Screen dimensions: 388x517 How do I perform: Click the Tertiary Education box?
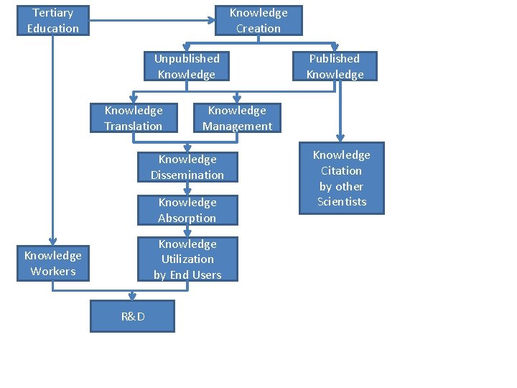coord(53,20)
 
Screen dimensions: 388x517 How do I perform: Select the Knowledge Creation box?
coord(258,20)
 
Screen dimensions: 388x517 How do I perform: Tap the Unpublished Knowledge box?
coord(187,66)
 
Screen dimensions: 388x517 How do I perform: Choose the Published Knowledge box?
coord(335,66)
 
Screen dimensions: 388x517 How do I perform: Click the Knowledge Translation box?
coord(134,118)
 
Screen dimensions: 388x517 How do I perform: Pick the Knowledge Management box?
coord(237,118)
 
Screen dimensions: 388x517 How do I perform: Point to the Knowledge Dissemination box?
coord(187,167)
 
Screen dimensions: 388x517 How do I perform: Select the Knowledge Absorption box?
coord(187,210)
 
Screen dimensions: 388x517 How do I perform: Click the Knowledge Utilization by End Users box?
coord(187,259)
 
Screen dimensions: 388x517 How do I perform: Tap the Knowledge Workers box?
coord(53,263)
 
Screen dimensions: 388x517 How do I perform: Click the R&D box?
coord(132,316)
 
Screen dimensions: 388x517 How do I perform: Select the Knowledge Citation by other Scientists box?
coord(342,178)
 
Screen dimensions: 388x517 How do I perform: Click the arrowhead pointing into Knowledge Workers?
coord(53,241)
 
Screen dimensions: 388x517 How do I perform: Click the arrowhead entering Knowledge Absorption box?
coord(187,191)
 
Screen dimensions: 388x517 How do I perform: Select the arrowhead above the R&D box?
coord(132,295)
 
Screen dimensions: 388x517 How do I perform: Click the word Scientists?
coord(342,202)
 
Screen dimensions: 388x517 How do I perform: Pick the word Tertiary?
coord(53,12)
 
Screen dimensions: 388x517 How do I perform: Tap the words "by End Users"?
coord(187,274)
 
